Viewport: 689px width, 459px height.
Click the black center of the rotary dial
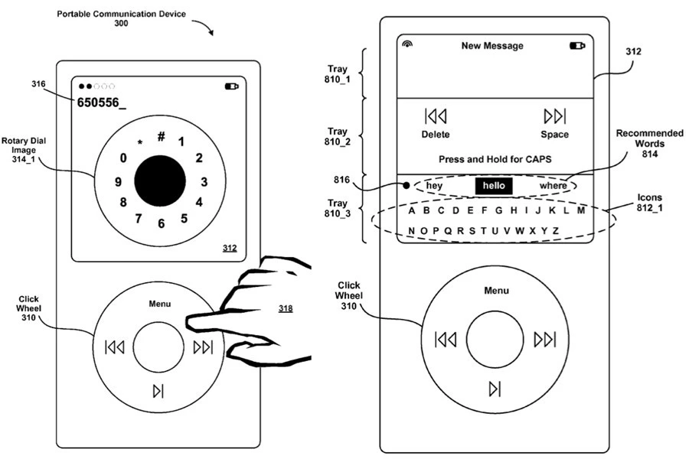[160, 181]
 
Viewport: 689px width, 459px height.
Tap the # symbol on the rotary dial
[162, 137]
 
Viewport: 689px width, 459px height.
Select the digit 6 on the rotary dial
[161, 224]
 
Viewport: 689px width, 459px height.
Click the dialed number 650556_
[101, 102]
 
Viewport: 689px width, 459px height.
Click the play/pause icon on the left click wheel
[158, 392]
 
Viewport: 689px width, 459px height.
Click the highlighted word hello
[493, 187]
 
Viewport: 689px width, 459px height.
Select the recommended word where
[553, 187]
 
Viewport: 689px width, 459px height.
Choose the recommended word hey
[435, 187]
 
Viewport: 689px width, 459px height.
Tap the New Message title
[492, 46]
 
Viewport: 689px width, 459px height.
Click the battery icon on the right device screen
[576, 46]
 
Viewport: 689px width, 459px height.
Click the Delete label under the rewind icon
[436, 135]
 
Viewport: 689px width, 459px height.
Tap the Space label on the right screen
[554, 135]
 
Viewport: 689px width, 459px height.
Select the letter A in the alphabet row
[412, 210]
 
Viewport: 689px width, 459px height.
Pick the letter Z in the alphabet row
[555, 230]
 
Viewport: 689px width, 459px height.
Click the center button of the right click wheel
[495, 339]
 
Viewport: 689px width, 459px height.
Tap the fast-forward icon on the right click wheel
[544, 339]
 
